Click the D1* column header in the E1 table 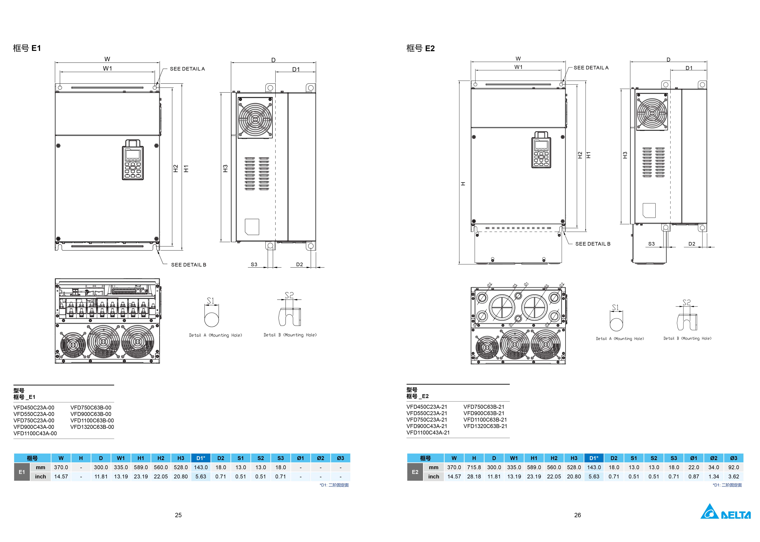coord(201,458)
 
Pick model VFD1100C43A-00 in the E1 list coord(35,433)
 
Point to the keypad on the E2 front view coord(541,150)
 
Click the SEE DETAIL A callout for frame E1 coord(187,69)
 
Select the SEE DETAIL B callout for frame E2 coord(592,244)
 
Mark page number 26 coord(577,515)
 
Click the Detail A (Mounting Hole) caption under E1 coord(215,335)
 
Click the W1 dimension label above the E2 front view coord(518,67)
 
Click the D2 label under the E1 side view coord(299,264)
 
